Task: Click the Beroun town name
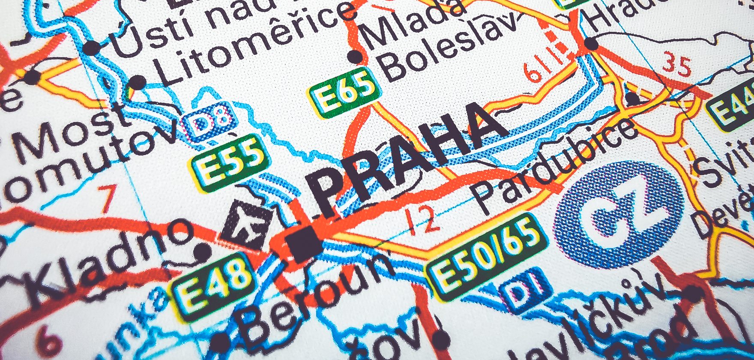click(315, 296)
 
